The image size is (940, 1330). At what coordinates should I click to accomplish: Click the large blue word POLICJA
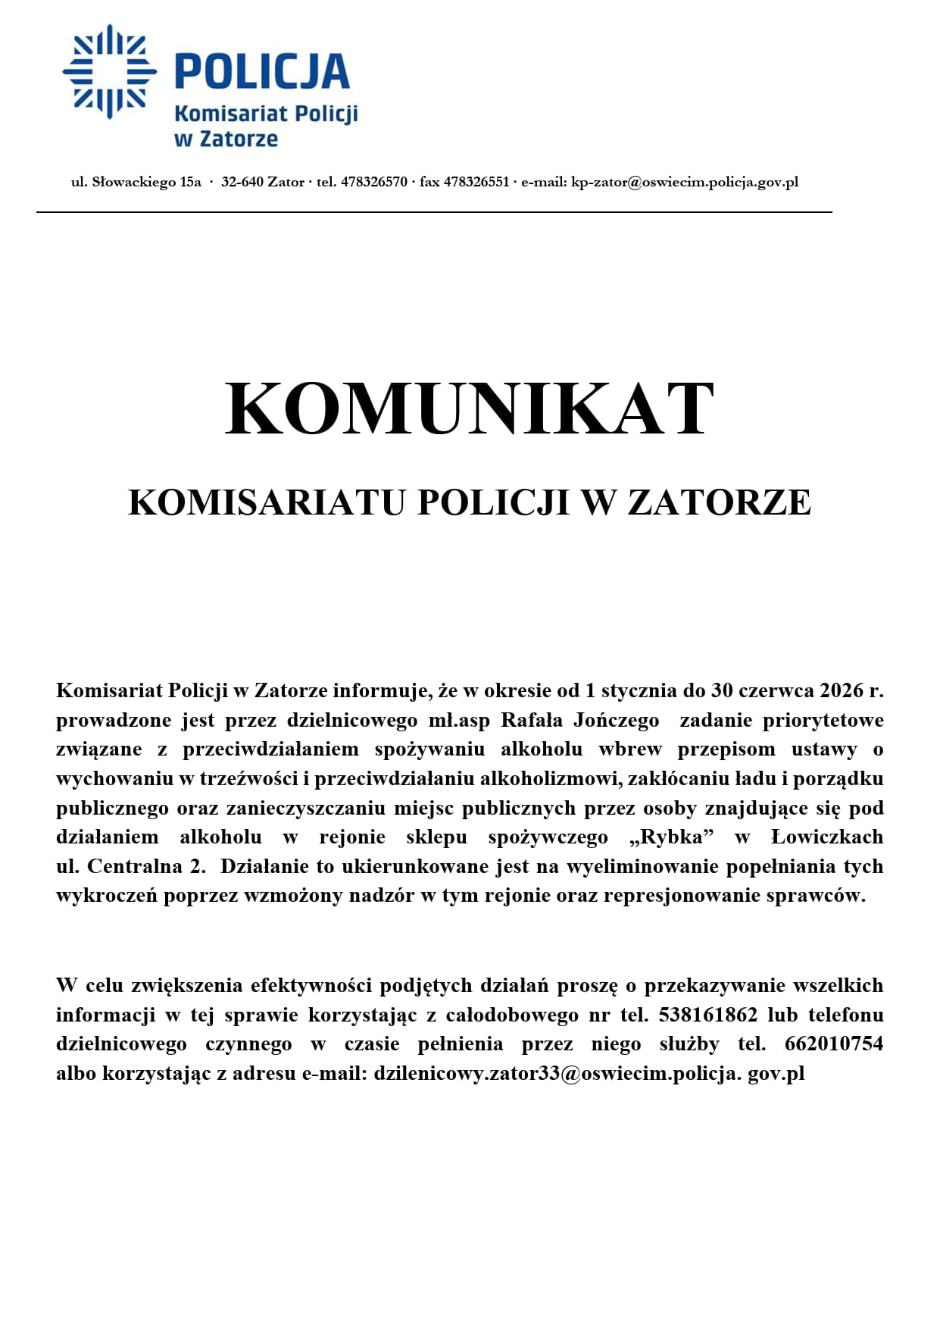point(262,71)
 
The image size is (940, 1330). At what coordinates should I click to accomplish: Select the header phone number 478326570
point(374,182)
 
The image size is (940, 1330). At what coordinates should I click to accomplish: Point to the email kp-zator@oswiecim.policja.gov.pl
point(684,182)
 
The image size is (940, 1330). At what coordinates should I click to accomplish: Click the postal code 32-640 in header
point(242,182)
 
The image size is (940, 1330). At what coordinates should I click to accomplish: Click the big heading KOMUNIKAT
point(470,409)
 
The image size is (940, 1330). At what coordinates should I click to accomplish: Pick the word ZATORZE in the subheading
point(719,502)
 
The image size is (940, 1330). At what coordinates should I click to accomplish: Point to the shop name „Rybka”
point(672,837)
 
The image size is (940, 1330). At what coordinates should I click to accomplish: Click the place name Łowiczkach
point(827,837)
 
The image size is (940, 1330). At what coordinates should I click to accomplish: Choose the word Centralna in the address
point(135,866)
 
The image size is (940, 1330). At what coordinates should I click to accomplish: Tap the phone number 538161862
point(708,1015)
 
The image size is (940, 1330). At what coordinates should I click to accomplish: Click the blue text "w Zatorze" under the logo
point(226,139)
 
